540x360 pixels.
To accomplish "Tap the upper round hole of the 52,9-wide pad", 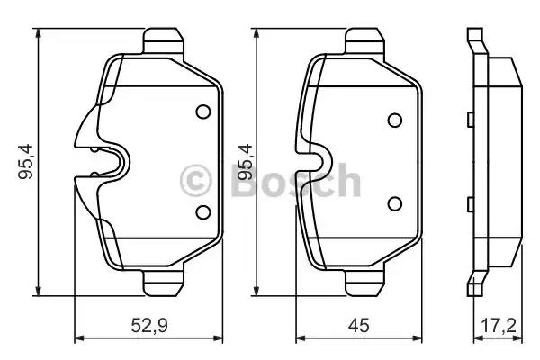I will click(202, 113).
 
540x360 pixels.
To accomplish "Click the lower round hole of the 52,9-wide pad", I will click(202, 211).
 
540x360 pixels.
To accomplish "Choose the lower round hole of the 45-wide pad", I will click(394, 204).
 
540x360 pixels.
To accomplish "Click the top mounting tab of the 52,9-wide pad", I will click(164, 41).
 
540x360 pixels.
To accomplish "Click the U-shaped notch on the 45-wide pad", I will click(317, 163).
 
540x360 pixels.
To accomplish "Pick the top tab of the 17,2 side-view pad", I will click(474, 40).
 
